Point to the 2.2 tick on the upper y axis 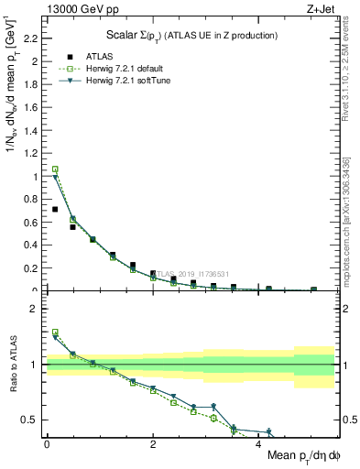[x=33, y=38]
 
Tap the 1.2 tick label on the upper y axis [x=33, y=154]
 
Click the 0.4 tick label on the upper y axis [x=33, y=245]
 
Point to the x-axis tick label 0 [x=47, y=443]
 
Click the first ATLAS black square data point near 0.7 [x=55, y=210]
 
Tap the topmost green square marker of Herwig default [x=55, y=169]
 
